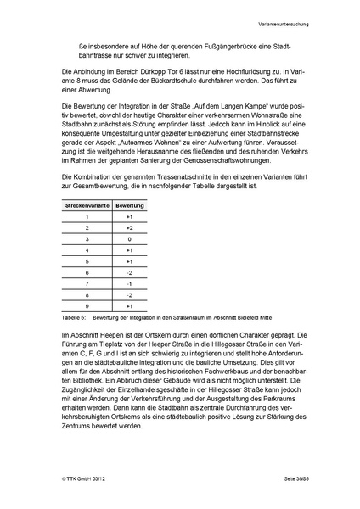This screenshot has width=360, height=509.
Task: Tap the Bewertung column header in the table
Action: pyautogui.click(x=130, y=206)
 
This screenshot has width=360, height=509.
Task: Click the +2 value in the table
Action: pyautogui.click(x=130, y=228)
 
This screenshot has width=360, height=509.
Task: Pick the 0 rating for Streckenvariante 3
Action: pyautogui.click(x=130, y=239)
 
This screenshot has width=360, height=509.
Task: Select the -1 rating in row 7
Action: pyautogui.click(x=130, y=283)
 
